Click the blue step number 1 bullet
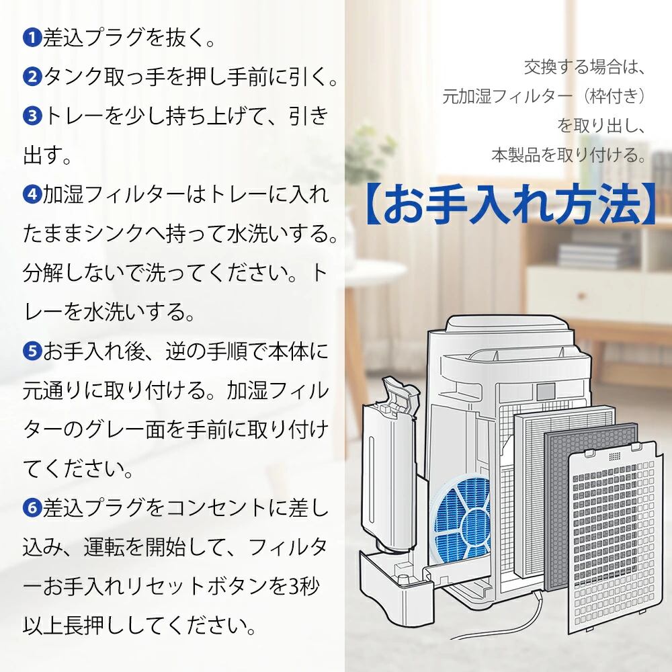click(x=32, y=38)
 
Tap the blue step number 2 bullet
click(x=32, y=77)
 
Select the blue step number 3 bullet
click(x=32, y=116)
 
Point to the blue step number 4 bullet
click(x=32, y=196)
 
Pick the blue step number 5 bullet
click(x=32, y=351)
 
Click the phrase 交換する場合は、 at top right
click(x=584, y=68)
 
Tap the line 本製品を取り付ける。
click(x=568, y=156)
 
